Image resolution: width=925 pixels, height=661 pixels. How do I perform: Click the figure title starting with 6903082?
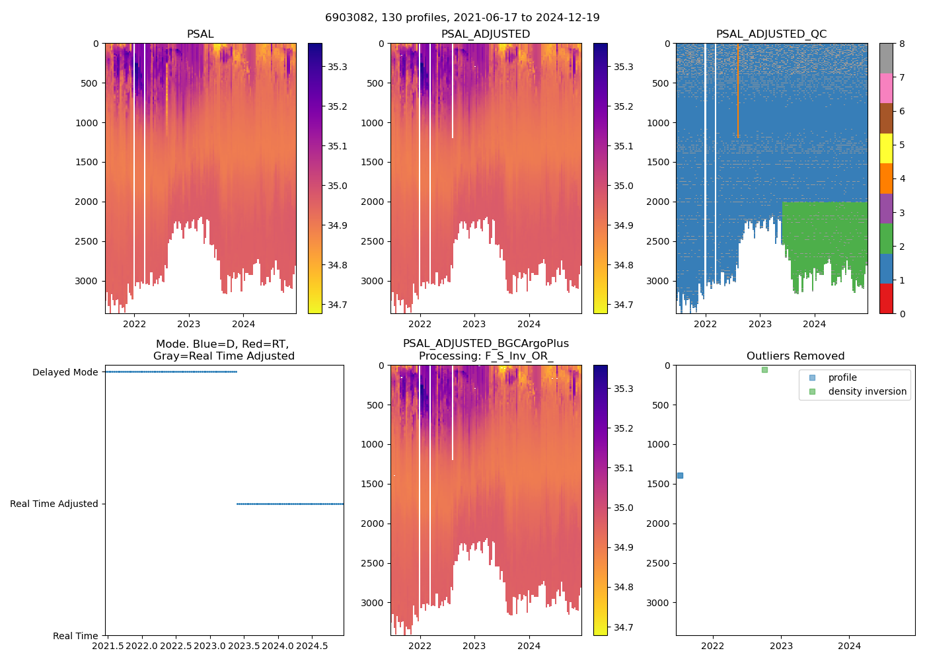(462, 18)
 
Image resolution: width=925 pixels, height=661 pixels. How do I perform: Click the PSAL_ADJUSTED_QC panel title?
(771, 34)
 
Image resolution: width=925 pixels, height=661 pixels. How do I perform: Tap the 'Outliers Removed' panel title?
(795, 356)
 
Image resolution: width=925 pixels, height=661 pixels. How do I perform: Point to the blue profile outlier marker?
(680, 475)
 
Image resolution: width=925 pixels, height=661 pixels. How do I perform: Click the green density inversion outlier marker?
(764, 369)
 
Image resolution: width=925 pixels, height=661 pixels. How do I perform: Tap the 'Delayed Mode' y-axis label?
(65, 372)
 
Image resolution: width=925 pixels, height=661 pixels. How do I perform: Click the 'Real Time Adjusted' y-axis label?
(54, 504)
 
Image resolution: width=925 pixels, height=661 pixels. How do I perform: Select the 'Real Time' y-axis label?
(75, 636)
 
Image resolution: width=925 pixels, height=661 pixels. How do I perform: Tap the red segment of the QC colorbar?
(886, 299)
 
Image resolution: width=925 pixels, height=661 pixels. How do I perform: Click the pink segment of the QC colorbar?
(886, 89)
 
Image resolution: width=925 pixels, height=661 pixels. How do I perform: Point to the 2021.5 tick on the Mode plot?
(108, 645)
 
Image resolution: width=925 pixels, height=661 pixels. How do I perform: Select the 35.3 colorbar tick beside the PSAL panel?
(338, 67)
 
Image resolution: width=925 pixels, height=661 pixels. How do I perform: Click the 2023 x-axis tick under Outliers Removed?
(781, 646)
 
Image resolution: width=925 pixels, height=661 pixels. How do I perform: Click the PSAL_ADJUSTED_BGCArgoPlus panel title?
(486, 350)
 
